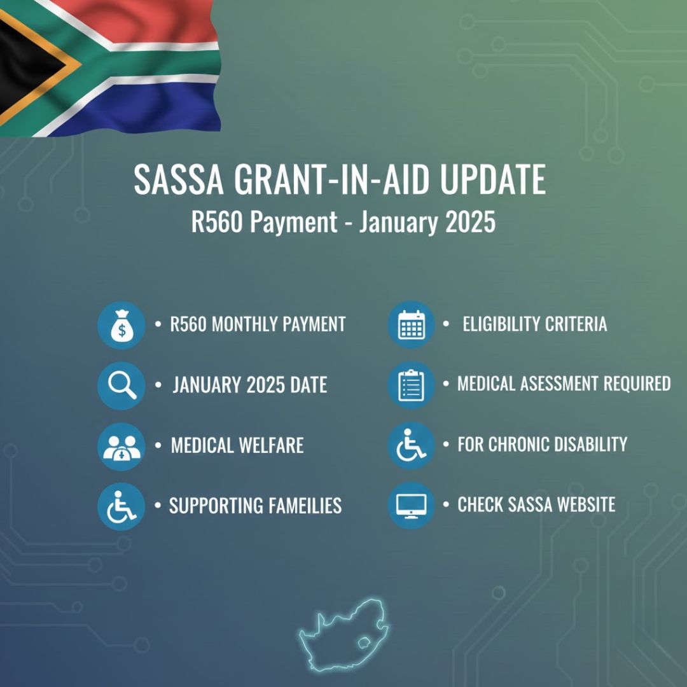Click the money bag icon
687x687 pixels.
point(121,325)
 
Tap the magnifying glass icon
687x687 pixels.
point(121,385)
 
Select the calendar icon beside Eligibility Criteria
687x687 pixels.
point(411,325)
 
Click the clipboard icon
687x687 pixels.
point(411,385)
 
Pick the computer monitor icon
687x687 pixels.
point(411,506)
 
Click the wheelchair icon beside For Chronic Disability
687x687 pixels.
point(411,445)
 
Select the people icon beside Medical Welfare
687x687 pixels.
point(121,446)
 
